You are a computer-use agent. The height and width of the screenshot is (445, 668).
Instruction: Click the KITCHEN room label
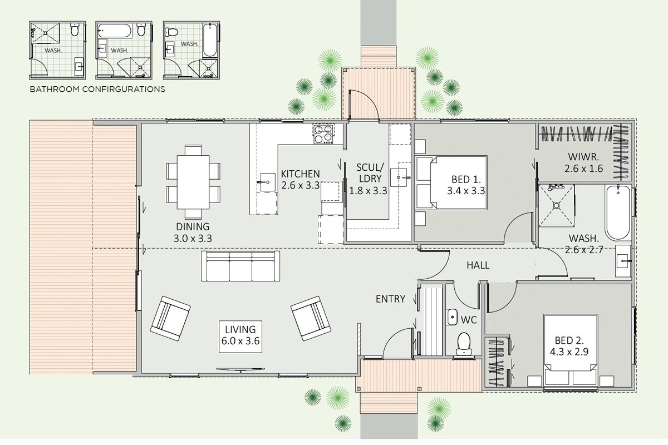point(300,174)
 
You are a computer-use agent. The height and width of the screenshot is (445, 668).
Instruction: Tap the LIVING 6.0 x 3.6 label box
point(240,337)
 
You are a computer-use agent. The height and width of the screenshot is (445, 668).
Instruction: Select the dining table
point(193,182)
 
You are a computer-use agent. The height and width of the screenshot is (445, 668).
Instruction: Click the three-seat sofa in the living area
point(240,266)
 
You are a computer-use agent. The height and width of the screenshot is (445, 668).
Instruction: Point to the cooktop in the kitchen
point(323,134)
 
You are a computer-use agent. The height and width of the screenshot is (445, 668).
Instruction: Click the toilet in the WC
point(464,344)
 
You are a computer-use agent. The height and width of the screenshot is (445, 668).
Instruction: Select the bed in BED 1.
point(451,182)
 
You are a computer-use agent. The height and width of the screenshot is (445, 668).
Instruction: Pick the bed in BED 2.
point(571,350)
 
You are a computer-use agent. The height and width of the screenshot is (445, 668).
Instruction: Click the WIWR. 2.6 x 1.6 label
point(583,163)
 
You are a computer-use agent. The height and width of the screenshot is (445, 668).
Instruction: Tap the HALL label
point(478,265)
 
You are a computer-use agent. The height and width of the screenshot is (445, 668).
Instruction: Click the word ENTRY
point(390,299)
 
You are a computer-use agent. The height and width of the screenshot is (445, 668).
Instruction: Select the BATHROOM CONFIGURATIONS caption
point(97,89)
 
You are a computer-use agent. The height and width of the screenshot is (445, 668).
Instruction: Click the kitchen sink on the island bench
point(268,182)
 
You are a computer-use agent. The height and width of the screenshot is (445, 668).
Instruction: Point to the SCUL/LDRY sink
point(399,177)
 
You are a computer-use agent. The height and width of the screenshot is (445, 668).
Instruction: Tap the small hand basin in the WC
point(452,317)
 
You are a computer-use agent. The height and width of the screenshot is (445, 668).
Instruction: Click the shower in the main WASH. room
point(557,206)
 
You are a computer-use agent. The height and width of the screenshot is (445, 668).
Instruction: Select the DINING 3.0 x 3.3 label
point(193,233)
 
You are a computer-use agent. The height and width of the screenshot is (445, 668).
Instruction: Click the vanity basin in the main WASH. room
point(623,261)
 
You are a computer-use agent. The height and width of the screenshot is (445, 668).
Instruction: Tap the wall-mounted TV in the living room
point(240,370)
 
